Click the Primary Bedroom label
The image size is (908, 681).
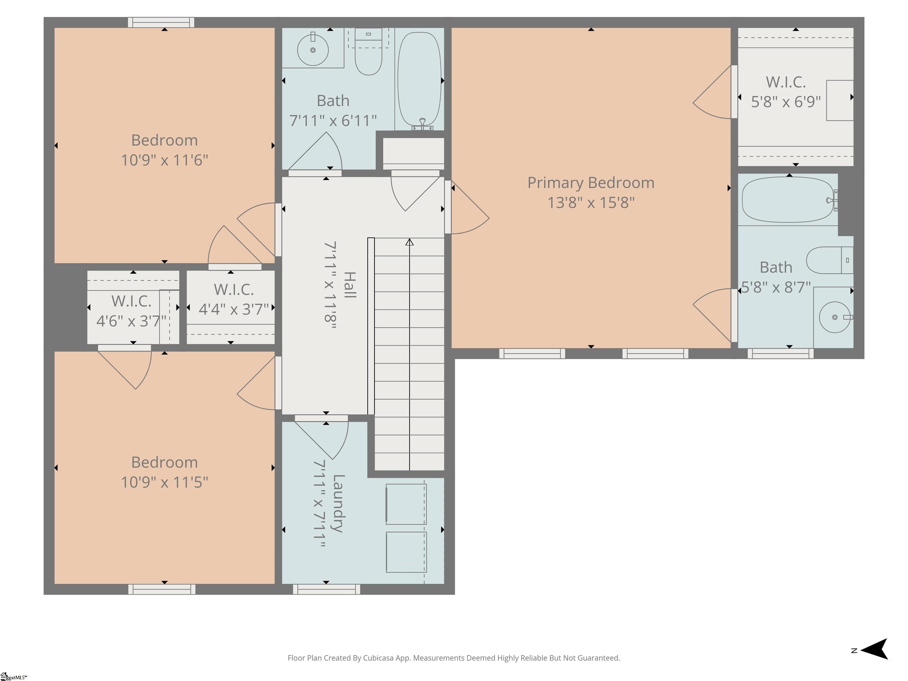pos(591,183)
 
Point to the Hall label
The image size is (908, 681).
pos(349,285)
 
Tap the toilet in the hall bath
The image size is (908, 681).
pos(368,51)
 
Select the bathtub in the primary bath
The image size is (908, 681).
pos(788,200)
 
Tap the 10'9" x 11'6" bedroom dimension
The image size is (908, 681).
pos(165,160)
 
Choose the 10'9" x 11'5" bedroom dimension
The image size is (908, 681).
pos(165,482)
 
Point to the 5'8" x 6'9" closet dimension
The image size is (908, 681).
pos(786,102)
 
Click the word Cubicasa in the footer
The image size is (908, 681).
pos(378,658)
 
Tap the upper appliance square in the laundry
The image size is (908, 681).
pos(406,504)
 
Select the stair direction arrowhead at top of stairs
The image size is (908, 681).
pos(409,242)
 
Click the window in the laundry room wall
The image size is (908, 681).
pos(327,589)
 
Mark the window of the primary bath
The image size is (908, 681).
pos(780,354)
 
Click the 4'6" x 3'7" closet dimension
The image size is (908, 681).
pos(131,321)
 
